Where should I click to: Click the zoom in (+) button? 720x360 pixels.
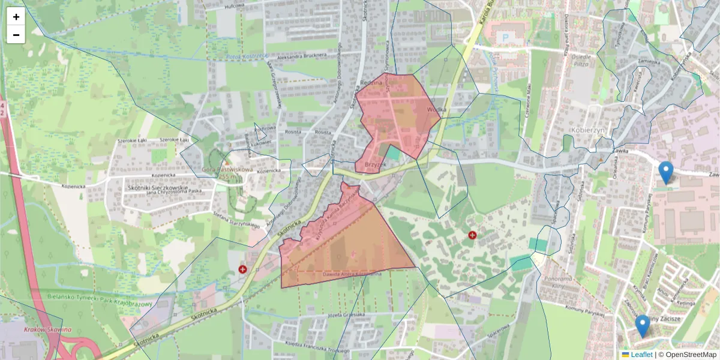point(16,17)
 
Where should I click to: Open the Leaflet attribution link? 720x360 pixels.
point(641,355)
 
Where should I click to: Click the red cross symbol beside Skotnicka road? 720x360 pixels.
point(242,269)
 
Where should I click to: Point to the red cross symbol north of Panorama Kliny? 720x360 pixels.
point(472,235)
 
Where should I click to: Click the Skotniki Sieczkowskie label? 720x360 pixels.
point(158,187)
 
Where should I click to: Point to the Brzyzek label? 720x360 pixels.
point(374,163)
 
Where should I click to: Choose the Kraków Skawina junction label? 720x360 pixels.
point(48,329)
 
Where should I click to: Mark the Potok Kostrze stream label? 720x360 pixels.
point(246,56)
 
